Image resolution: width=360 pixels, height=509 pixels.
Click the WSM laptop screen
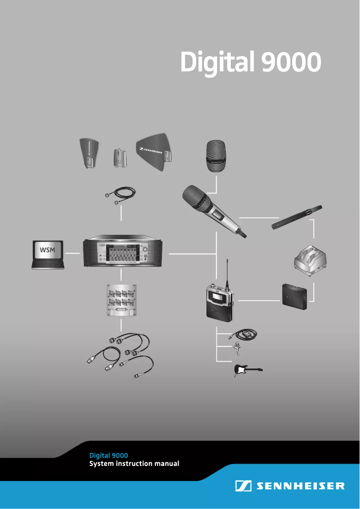pyautogui.click(x=48, y=250)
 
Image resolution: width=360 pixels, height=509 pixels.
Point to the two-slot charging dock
pyautogui.click(x=310, y=261)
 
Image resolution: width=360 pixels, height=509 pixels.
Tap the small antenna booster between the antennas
pyautogui.click(x=119, y=158)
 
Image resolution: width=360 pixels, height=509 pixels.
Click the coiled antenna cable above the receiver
pyautogui.click(x=120, y=196)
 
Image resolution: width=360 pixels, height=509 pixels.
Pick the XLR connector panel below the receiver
pyautogui.click(x=121, y=300)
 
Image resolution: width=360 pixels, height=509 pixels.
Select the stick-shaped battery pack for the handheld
pyautogui.click(x=297, y=217)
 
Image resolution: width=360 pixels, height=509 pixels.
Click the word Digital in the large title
pyautogui.click(x=216, y=62)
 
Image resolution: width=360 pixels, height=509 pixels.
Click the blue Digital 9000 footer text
pyautogui.click(x=109, y=456)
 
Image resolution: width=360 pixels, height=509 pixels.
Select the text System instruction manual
pyautogui.click(x=134, y=464)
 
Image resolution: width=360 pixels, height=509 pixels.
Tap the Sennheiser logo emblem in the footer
pyautogui.click(x=243, y=486)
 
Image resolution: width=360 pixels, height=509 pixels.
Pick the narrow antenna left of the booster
pyautogui.click(x=90, y=153)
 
